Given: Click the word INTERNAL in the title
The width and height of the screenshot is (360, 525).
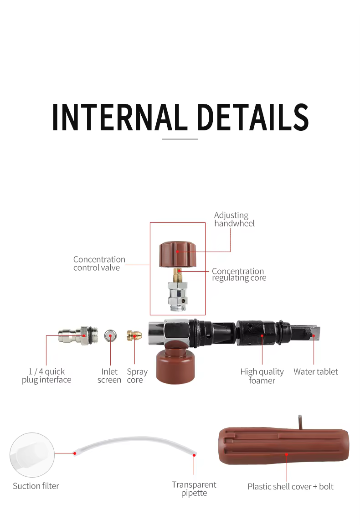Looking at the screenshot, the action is coord(119,117).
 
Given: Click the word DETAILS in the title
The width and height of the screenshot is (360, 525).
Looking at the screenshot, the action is coord(253,117).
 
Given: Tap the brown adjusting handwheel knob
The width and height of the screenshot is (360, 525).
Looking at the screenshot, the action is coord(177,254).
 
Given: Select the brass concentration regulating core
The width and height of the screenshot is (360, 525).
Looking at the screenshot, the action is coord(178,275).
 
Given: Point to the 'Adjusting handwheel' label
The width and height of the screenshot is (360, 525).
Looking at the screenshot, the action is coord(234,219).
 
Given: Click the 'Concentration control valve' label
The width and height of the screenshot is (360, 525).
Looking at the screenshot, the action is coord(99,263).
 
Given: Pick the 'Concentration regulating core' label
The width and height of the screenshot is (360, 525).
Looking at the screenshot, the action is coord(239,274).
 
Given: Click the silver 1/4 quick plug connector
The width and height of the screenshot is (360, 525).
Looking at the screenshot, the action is coord(78,335).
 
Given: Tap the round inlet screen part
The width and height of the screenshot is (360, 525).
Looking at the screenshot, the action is coord(110,335).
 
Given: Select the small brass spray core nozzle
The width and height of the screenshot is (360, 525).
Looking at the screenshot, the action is coord(134,335).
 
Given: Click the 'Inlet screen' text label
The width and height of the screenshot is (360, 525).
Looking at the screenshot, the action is coord(109,376).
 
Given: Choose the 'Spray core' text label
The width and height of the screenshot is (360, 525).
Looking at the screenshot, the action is coord(137,376).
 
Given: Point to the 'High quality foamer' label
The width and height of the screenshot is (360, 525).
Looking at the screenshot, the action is coord(262,376).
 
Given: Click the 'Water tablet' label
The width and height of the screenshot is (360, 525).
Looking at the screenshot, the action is coord(316,372).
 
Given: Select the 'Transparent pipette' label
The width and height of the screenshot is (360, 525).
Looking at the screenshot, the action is coord(194,489).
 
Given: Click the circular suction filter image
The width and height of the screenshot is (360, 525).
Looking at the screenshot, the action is coord(32,455).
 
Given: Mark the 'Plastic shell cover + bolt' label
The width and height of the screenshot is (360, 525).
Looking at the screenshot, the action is coord(290,487).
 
